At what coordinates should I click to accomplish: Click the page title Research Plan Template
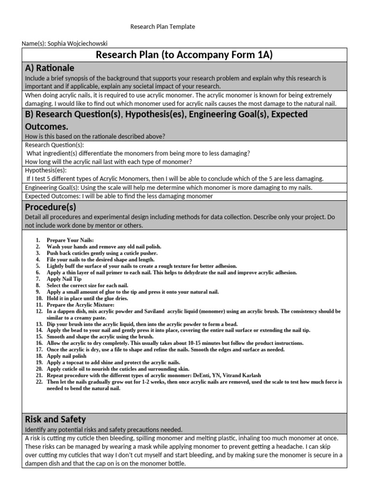[x=162, y=27]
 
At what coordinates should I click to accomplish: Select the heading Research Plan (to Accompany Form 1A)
[x=184, y=55]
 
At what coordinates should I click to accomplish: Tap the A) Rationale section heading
[x=49, y=68]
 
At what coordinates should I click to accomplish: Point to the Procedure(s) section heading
[x=50, y=207]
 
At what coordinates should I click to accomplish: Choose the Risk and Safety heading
[x=55, y=419]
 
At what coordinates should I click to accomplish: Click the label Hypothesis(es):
[x=46, y=170]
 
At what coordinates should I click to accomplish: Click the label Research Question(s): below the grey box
[x=54, y=145]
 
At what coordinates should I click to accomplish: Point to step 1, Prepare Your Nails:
[x=70, y=240]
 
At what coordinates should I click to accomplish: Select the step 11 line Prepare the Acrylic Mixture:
[x=80, y=305]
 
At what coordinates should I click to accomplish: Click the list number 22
[x=39, y=382]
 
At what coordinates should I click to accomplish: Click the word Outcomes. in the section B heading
[x=47, y=126]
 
